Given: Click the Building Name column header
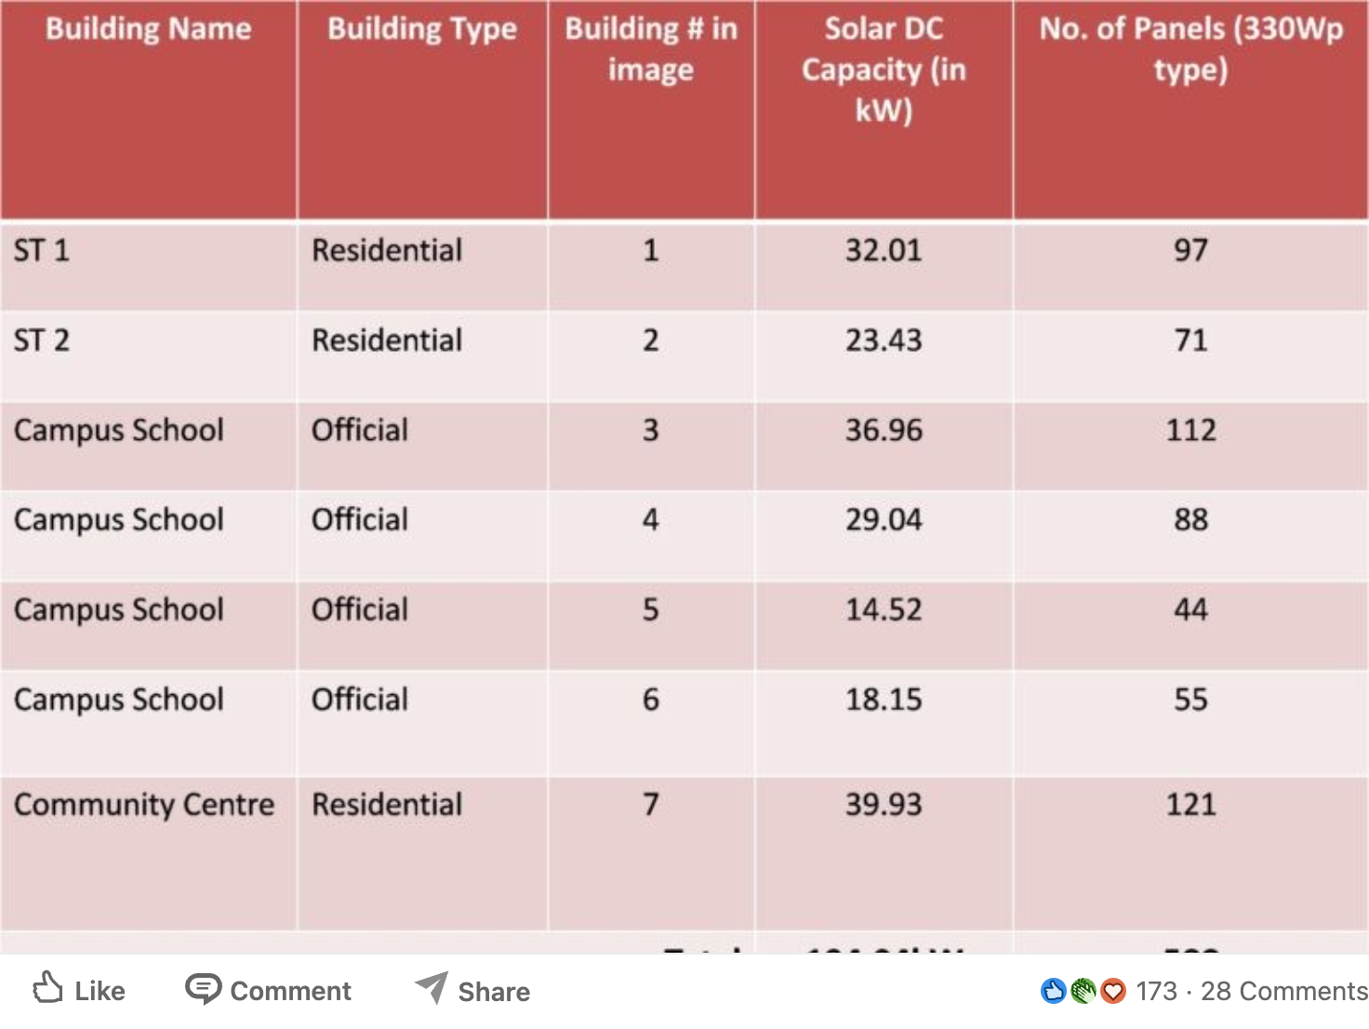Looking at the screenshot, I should click(149, 29).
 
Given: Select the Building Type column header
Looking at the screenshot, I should click(422, 29).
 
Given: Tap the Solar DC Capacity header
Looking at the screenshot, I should click(884, 69).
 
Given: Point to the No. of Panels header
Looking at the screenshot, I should click(1190, 48).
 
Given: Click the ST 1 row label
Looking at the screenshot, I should click(42, 250).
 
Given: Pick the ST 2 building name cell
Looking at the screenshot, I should click(42, 341).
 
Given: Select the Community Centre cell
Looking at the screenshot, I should click(144, 805).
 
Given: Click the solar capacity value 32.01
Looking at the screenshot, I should click(884, 250).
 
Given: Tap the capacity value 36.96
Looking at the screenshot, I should click(884, 431).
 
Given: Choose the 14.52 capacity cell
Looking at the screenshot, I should click(884, 610).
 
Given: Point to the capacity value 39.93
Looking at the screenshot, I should click(884, 805).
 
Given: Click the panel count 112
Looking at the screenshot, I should click(1190, 431).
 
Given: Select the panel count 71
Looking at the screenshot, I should click(1190, 341).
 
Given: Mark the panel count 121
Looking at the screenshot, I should click(1190, 805).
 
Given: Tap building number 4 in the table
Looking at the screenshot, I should click(651, 520).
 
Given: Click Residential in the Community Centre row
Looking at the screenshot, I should click(387, 805).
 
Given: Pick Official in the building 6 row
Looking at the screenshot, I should click(360, 700).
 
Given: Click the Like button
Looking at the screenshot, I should click(80, 991).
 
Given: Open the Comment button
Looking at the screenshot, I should click(269, 991).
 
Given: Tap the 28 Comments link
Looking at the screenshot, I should click(1283, 992).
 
